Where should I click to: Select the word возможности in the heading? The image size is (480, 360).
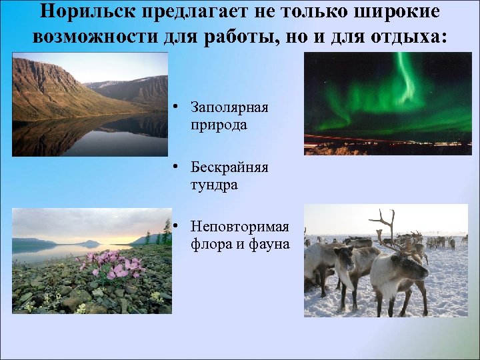click(87, 36)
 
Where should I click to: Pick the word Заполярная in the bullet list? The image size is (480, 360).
click(229, 108)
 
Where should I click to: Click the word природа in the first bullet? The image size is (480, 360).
click(218, 125)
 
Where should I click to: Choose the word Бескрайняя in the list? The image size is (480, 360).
click(229, 167)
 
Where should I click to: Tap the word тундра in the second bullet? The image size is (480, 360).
click(213, 185)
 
